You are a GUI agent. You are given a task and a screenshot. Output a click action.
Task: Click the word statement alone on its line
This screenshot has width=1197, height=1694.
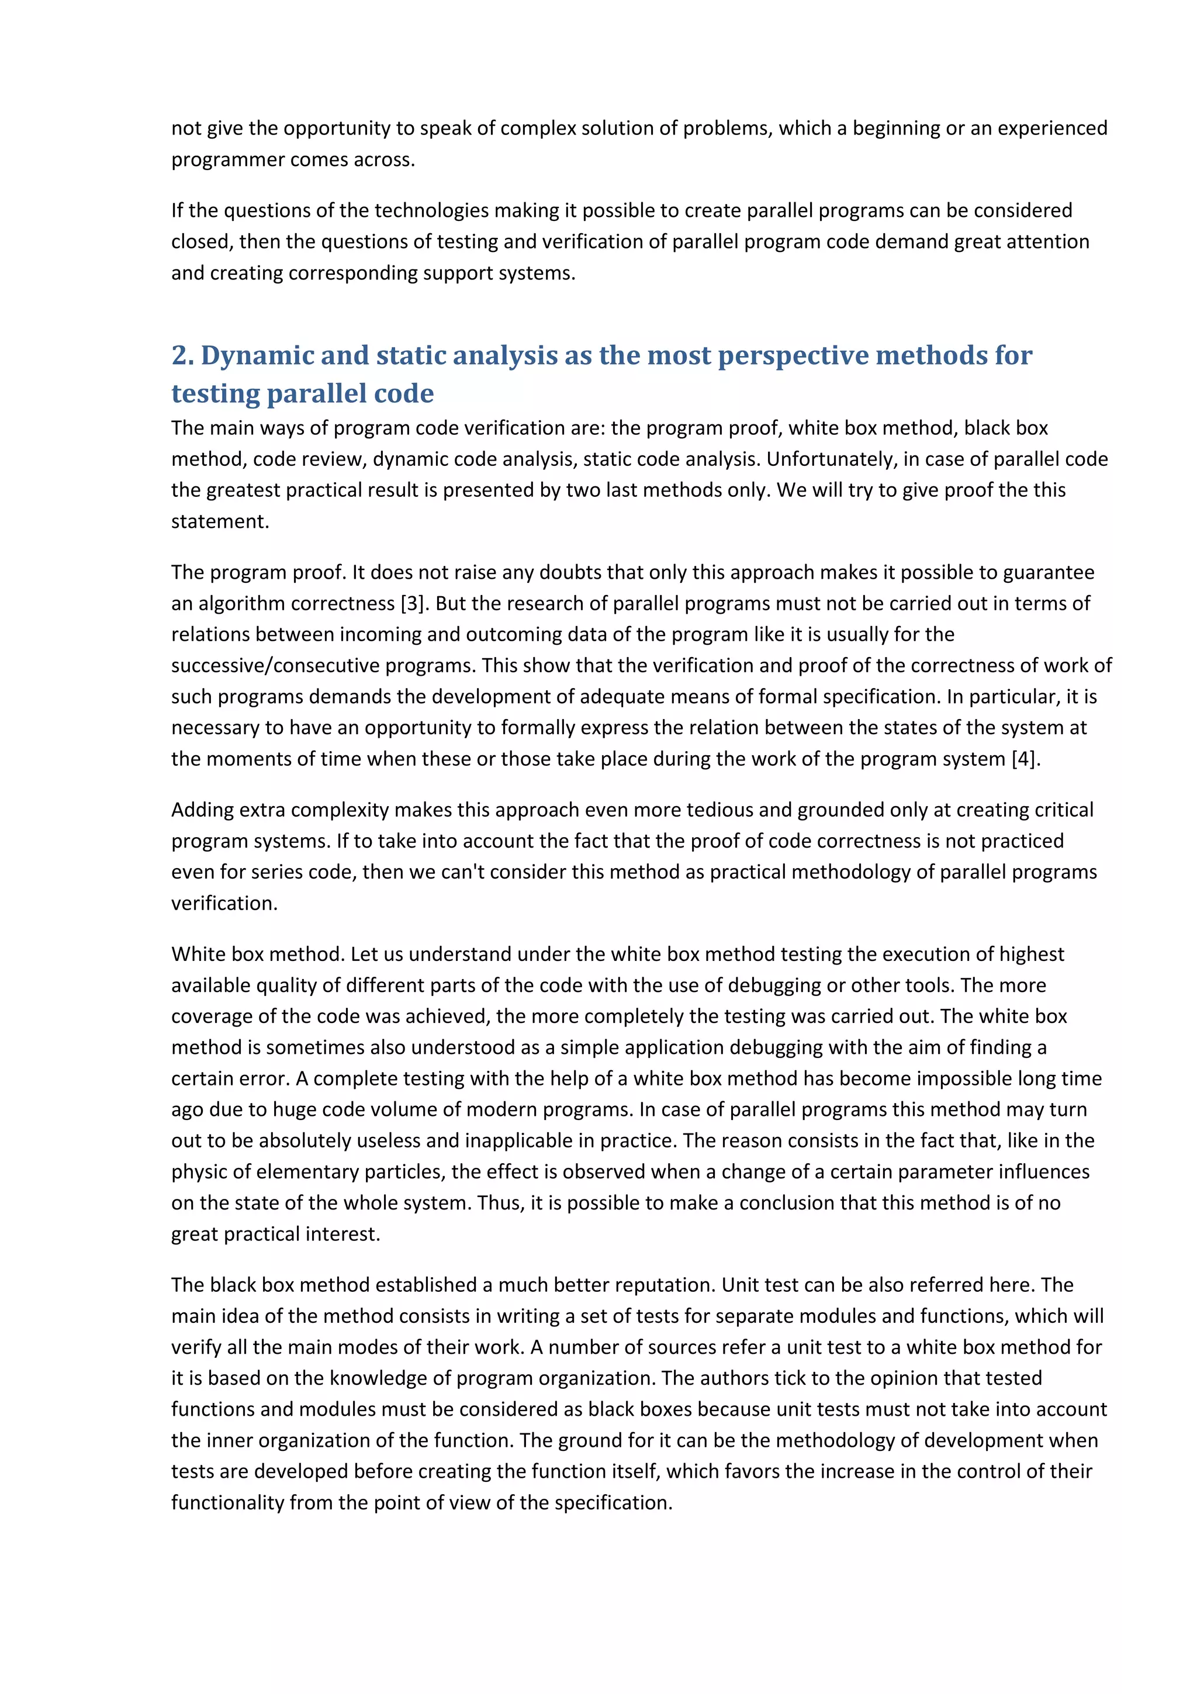coord(220,521)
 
